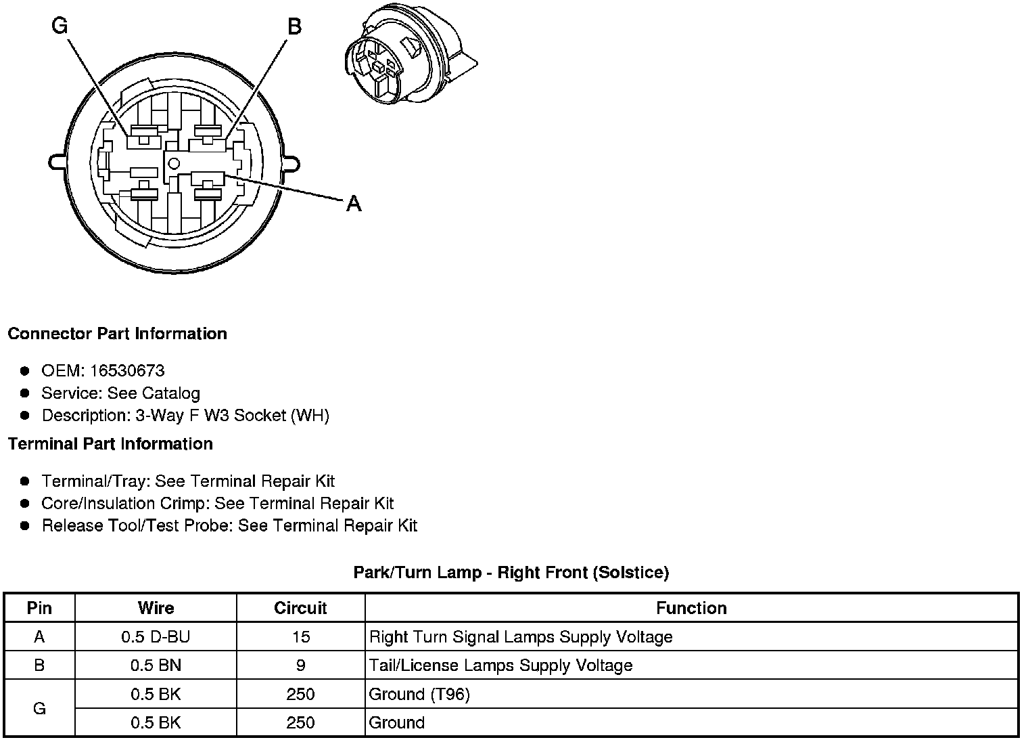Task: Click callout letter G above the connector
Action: [x=60, y=26]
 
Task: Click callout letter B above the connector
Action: [x=294, y=26]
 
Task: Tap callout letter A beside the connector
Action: [x=354, y=202]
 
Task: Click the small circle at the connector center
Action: [x=174, y=162]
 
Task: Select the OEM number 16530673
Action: [x=127, y=370]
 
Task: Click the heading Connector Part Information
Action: [x=117, y=334]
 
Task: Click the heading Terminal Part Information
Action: [x=110, y=444]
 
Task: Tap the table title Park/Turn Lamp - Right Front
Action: [x=511, y=573]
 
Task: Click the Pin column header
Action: [x=39, y=608]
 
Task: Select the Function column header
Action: [x=691, y=608]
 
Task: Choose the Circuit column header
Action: [x=300, y=608]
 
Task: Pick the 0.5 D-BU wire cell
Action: [x=156, y=637]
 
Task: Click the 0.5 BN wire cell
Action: [x=156, y=665]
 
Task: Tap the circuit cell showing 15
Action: [x=300, y=637]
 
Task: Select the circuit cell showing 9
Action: [x=300, y=665]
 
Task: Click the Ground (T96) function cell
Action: [x=419, y=694]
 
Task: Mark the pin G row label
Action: [x=39, y=708]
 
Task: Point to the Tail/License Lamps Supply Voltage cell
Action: [x=500, y=665]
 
